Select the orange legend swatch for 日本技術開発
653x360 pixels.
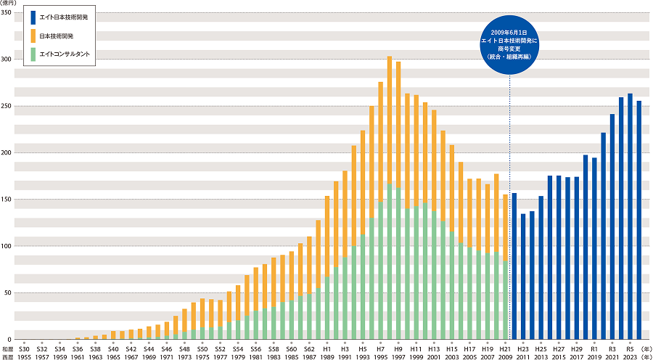tap(33, 36)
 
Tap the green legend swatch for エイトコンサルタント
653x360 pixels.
tap(33, 54)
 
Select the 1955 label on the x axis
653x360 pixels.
tap(25, 356)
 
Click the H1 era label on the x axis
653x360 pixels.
tap(327, 348)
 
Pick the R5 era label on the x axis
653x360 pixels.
tap(630, 348)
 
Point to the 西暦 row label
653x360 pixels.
tap(7, 356)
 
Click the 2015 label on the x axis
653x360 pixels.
tap(559, 356)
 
